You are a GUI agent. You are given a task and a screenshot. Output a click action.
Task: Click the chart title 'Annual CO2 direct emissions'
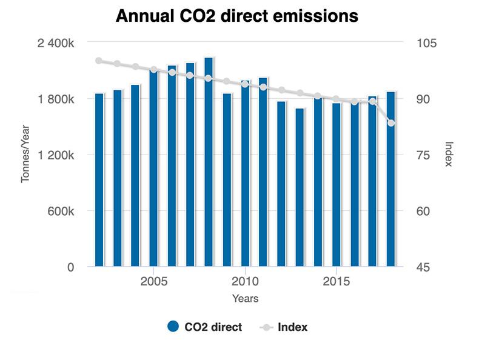pos(237,16)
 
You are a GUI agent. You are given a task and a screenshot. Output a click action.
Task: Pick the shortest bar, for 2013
pos(300,187)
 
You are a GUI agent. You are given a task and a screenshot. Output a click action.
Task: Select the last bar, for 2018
pos(391,179)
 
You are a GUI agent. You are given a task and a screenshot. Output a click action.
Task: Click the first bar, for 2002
pos(99,180)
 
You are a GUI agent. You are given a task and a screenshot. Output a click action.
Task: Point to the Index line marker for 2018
pos(391,123)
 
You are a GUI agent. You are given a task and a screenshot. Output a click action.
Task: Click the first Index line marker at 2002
pos(99,61)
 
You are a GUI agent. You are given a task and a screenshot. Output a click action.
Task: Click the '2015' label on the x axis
pos(336,282)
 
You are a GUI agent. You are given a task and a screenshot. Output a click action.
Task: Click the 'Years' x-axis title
pos(245,298)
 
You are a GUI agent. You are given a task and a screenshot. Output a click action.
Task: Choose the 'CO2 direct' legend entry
pos(204,327)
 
